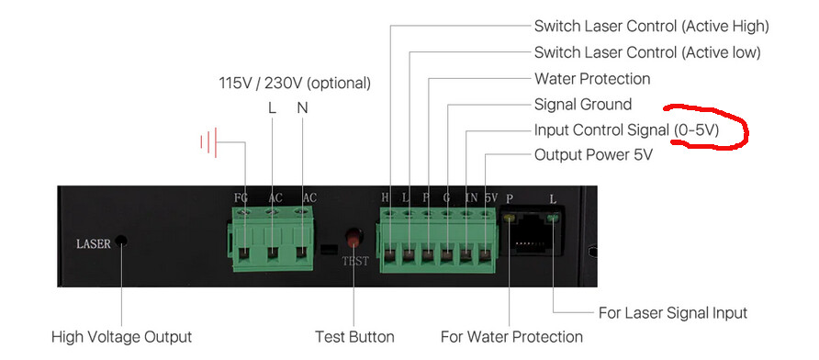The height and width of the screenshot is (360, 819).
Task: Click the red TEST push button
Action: pos(354,237)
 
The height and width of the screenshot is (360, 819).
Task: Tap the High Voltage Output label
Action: pos(122,337)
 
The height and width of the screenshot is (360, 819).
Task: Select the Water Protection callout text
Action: pos(592,79)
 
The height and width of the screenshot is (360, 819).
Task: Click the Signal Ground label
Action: pos(583,105)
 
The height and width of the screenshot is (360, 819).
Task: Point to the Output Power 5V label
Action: pos(593,155)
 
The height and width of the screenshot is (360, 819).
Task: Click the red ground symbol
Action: pos(208,141)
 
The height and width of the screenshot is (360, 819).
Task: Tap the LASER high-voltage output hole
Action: pos(121,242)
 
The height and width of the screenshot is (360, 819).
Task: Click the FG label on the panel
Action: pos(241,198)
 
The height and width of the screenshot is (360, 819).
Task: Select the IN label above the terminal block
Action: pos(471,197)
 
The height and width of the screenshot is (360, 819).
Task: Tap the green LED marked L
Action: pos(552,218)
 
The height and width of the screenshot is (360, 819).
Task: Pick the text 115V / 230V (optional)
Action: pos(295,83)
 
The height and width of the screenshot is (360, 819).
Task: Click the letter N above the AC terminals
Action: pos(302,107)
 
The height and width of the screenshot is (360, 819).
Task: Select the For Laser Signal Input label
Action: pos(673,313)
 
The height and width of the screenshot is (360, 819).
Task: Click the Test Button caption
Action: pos(354,337)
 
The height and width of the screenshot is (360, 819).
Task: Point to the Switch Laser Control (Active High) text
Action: pos(651,26)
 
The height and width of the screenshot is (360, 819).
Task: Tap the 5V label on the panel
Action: pos(490,197)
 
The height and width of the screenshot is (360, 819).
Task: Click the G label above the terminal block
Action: pos(447,197)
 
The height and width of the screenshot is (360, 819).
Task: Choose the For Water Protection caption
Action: pos(512,337)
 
